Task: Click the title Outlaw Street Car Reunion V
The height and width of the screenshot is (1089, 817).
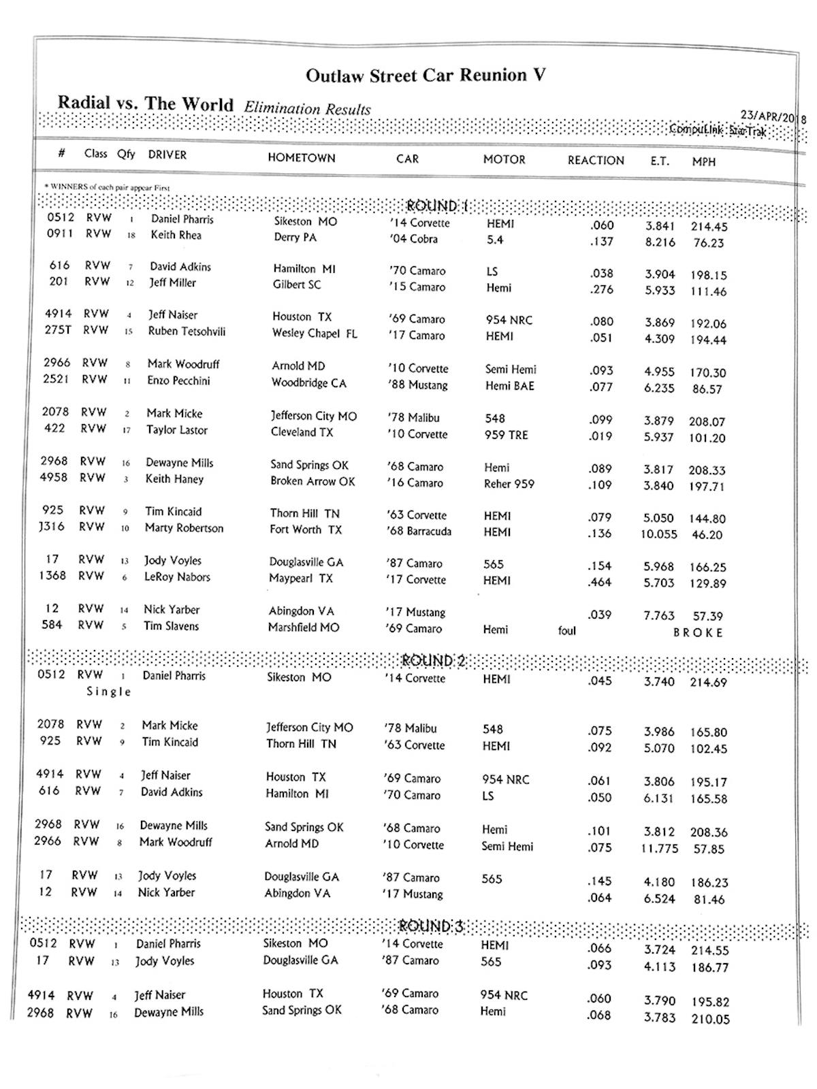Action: [x=426, y=76]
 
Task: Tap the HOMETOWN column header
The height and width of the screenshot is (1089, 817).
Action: [x=301, y=158]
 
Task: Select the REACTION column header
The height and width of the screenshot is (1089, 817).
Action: [x=596, y=161]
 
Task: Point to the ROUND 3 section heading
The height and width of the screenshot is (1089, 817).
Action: [x=430, y=926]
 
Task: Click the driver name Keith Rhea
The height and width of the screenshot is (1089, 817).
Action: [x=176, y=235]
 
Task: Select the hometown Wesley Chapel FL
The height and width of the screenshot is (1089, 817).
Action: [x=314, y=334]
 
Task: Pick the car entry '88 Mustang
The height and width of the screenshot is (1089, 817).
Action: [x=418, y=385]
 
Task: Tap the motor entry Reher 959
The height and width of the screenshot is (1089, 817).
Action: [x=509, y=484]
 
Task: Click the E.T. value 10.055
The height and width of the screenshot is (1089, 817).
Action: [x=658, y=534]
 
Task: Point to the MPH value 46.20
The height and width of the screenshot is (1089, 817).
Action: [x=707, y=535]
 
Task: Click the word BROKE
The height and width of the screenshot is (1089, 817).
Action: [x=698, y=632]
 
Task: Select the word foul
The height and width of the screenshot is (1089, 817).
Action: [x=566, y=631]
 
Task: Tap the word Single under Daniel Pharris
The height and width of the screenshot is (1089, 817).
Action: [x=108, y=692]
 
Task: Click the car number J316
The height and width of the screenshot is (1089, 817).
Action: [x=52, y=527]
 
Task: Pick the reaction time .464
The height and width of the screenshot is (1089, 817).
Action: [x=600, y=583]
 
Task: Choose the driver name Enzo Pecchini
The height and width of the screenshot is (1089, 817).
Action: [x=178, y=380]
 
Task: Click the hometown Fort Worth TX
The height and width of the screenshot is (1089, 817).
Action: [x=306, y=530]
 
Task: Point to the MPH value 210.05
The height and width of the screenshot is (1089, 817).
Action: [x=710, y=1020]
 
